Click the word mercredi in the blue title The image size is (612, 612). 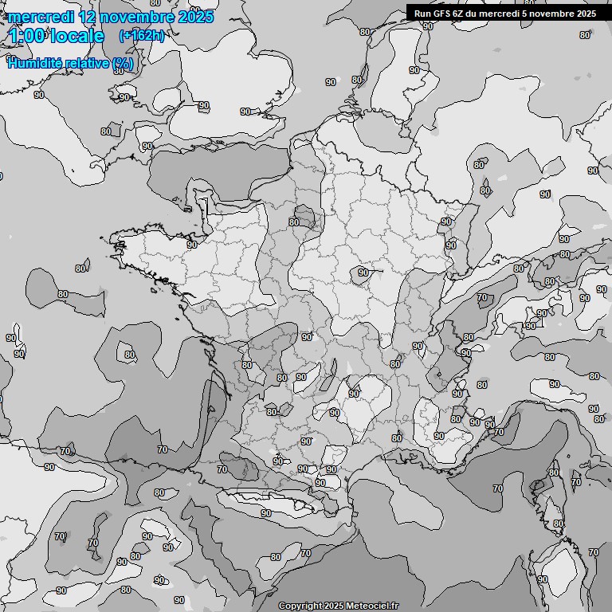(x=41, y=17)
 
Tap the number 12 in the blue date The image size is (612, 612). (x=91, y=17)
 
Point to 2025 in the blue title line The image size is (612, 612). (x=196, y=17)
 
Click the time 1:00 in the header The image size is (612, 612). (x=26, y=36)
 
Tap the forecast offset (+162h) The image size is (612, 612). (x=142, y=35)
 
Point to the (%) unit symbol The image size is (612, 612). (x=124, y=63)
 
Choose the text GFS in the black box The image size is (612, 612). (x=441, y=13)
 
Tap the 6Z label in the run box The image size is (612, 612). (x=458, y=13)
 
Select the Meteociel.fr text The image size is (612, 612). (x=372, y=606)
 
